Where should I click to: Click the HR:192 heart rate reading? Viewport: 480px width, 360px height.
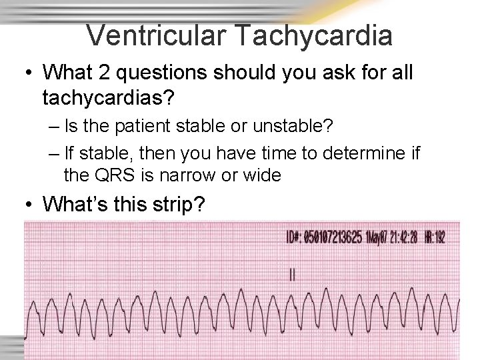point(436,238)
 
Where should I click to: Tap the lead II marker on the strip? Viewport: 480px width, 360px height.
point(292,273)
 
